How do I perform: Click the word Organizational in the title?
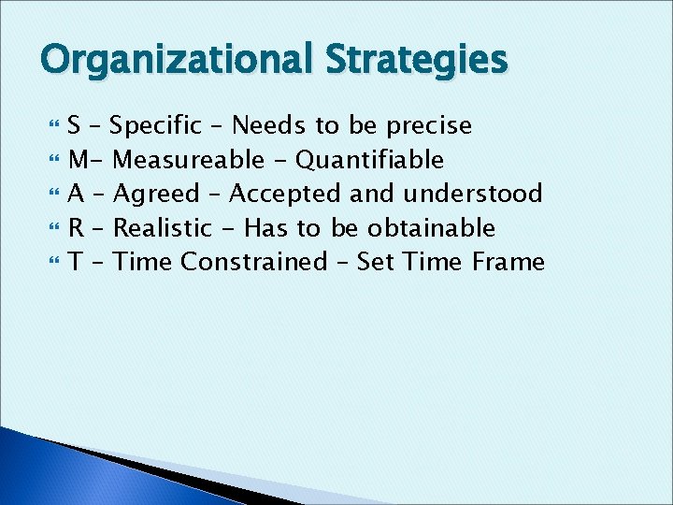pyautogui.click(x=177, y=61)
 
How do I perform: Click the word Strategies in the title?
pyautogui.click(x=416, y=61)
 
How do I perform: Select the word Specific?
pyautogui.click(x=161, y=125)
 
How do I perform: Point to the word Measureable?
pyautogui.click(x=187, y=160)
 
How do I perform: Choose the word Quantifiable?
pyautogui.click(x=369, y=160)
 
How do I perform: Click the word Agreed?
pyautogui.click(x=156, y=194)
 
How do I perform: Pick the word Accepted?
pyautogui.click(x=285, y=194)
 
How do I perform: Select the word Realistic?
pyautogui.click(x=162, y=227)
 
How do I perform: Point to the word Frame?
pyautogui.click(x=508, y=261)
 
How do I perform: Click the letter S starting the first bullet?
pyautogui.click(x=75, y=125)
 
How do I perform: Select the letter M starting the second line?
pyautogui.click(x=79, y=160)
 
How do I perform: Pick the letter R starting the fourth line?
pyautogui.click(x=77, y=227)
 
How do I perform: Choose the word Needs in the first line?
pyautogui.click(x=265, y=125)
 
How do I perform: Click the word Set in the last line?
pyautogui.click(x=376, y=261)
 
